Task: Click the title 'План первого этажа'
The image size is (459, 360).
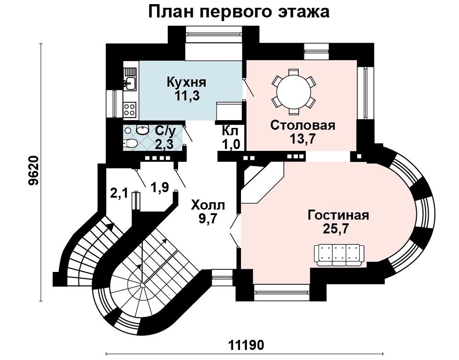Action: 239,12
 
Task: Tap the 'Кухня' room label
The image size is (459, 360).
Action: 186,82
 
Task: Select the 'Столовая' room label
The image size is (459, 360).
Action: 302,125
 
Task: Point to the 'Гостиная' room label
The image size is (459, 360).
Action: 338,215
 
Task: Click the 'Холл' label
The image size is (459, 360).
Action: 207,205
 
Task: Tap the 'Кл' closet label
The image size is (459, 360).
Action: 230,130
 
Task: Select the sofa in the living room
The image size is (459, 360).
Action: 339,255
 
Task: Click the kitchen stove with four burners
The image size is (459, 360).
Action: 130,109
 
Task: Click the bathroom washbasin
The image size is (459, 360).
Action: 143,130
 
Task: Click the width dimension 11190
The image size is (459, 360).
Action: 246,345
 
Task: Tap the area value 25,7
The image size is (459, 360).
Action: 336,228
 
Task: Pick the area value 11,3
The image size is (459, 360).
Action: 187,95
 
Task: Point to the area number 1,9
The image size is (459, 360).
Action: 160,187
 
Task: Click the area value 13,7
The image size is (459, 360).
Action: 302,138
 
